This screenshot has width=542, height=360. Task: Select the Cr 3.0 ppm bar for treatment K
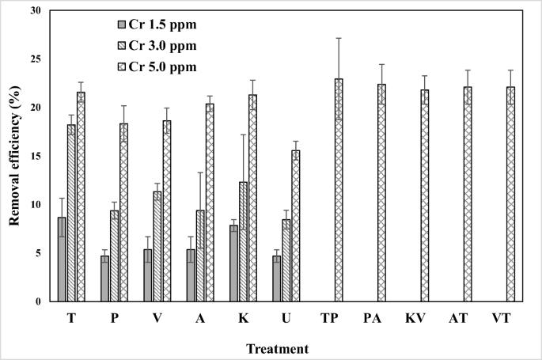[x=243, y=241]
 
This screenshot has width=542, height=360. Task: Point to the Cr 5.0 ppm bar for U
[x=295, y=225]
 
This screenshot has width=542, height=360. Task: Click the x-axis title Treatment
[x=277, y=347]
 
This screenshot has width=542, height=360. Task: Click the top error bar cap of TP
[x=339, y=38]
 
